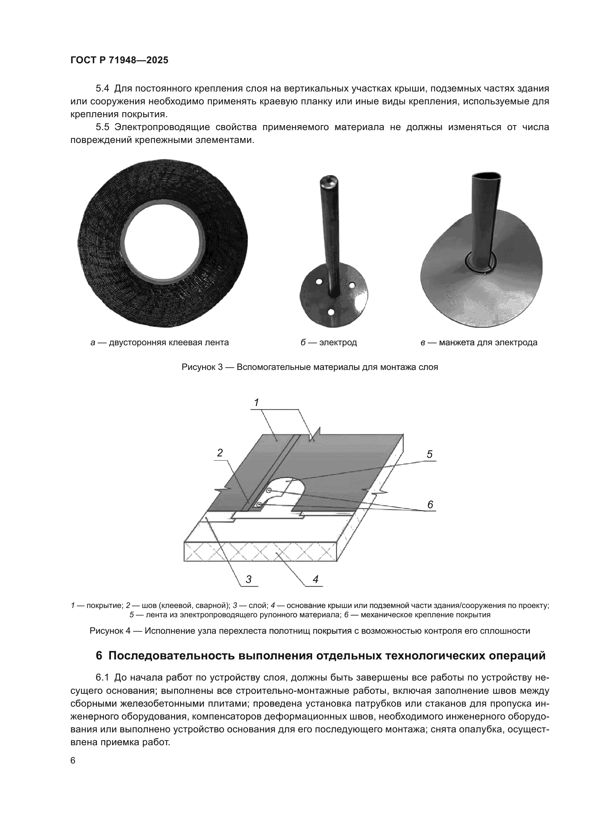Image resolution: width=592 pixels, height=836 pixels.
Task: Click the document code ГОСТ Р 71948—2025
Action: pyautogui.click(x=119, y=60)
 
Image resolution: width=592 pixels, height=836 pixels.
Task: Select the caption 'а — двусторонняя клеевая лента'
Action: pyautogui.click(x=159, y=343)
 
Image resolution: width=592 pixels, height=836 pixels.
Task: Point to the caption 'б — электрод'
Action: pyautogui.click(x=329, y=343)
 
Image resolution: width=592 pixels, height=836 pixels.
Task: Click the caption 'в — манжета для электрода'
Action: pyautogui.click(x=479, y=343)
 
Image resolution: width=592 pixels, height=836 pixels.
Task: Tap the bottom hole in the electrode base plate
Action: pyautogui.click(x=331, y=312)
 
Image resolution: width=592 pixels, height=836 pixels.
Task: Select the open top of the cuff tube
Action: pyautogui.click(x=485, y=177)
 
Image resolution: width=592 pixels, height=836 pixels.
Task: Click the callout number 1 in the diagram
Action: pyautogui.click(x=256, y=402)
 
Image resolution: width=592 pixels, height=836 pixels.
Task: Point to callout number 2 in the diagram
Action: pyautogui.click(x=220, y=453)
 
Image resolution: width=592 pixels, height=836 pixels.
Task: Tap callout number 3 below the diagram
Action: pyautogui.click(x=249, y=580)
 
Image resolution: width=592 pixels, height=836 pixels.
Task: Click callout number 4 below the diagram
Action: pyautogui.click(x=315, y=580)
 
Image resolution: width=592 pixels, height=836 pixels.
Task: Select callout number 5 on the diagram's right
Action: pyautogui.click(x=430, y=454)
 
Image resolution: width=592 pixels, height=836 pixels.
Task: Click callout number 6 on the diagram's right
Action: pyautogui.click(x=430, y=505)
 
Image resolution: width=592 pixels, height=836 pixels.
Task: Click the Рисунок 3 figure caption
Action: pyautogui.click(x=310, y=367)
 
